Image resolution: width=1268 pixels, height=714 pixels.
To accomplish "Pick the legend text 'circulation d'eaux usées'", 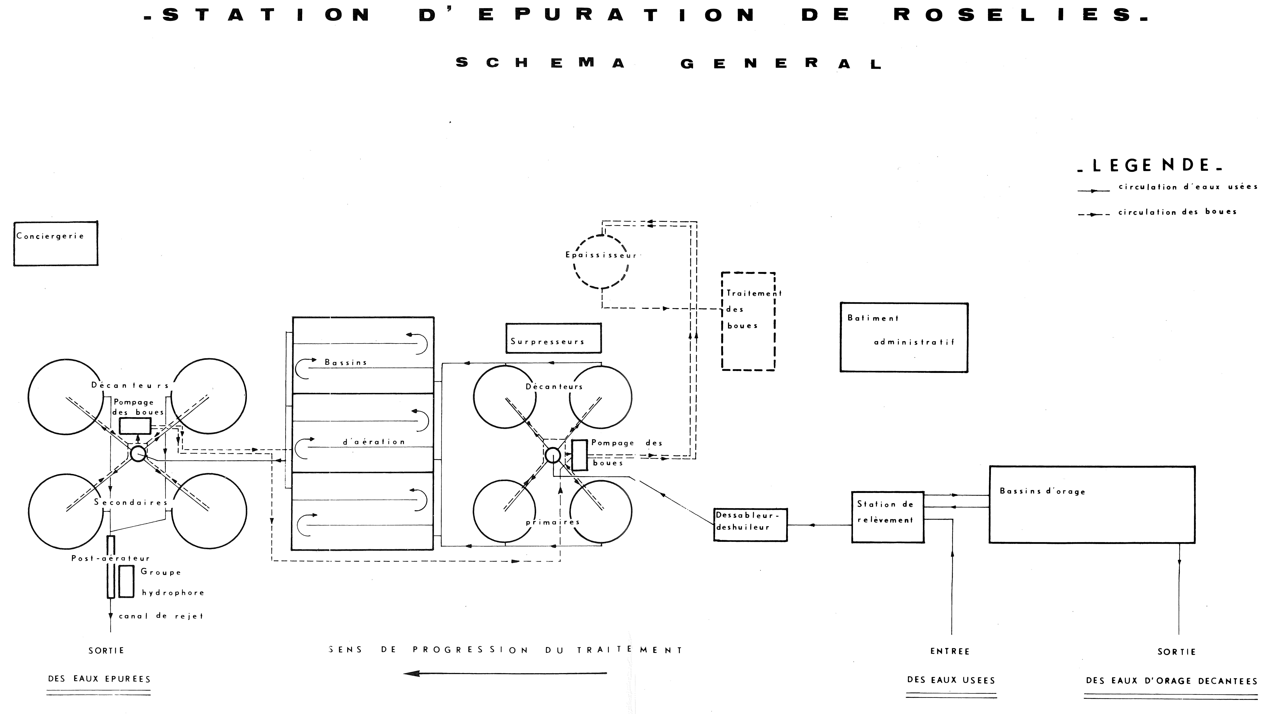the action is pos(1188,186).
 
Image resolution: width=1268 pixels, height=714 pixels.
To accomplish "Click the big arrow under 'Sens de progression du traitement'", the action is pos(505,673).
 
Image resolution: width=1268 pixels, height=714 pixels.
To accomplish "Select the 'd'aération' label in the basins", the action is pos(374,442).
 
